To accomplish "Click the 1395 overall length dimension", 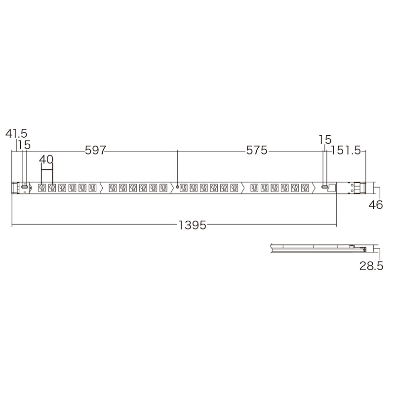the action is tap(192, 225).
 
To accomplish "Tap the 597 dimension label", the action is tap(95, 150).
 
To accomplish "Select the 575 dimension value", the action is tap(256, 151).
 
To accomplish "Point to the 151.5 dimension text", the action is tap(346, 151).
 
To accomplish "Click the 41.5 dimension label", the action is tap(16, 133).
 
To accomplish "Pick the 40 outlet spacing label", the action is tap(46, 159).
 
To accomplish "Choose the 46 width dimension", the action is tap(376, 205).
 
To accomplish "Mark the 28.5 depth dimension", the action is tap(371, 266).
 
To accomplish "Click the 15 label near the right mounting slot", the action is tap(325, 140).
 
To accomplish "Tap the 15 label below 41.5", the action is tap(24, 145).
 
